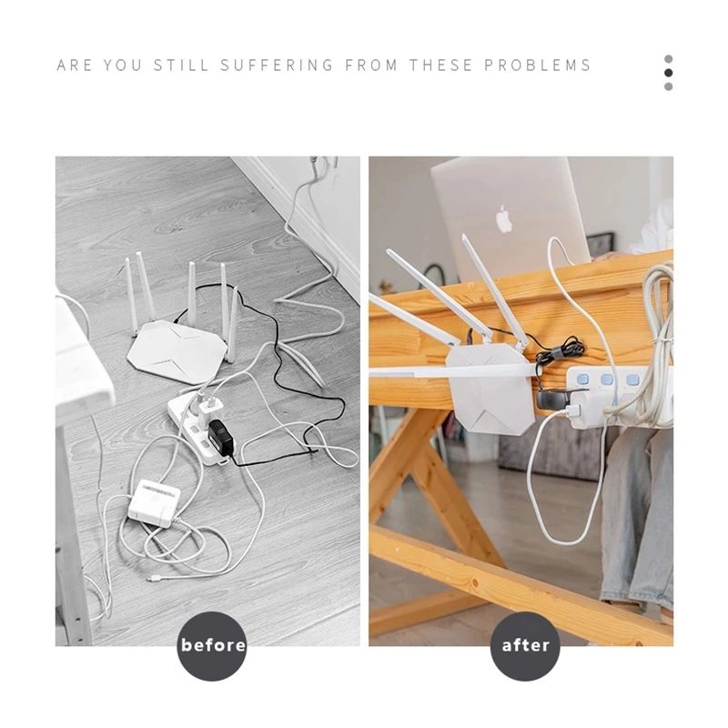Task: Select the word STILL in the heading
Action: point(183,66)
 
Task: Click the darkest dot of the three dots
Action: point(669,73)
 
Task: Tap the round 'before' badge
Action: point(212,645)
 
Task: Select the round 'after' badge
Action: point(526,645)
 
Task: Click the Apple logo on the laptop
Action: point(504,218)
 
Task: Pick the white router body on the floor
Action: point(178,346)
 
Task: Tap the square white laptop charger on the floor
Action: point(153,501)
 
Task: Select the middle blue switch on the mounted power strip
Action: point(608,378)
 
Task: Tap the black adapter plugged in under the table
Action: point(553,399)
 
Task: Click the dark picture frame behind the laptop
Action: point(600,245)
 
